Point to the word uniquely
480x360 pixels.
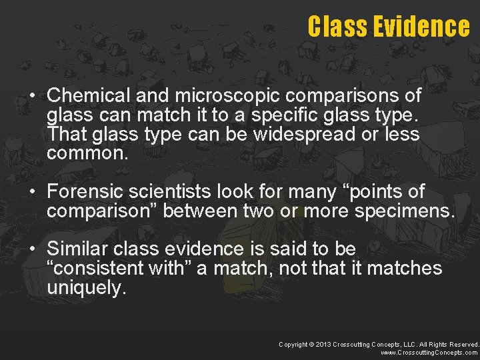pyautogui.click(x=86, y=288)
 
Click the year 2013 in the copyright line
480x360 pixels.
pyautogui.click(x=323, y=344)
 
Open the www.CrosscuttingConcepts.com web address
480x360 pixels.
pyautogui.click(x=429, y=353)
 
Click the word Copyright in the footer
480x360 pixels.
pyautogui.click(x=293, y=344)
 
